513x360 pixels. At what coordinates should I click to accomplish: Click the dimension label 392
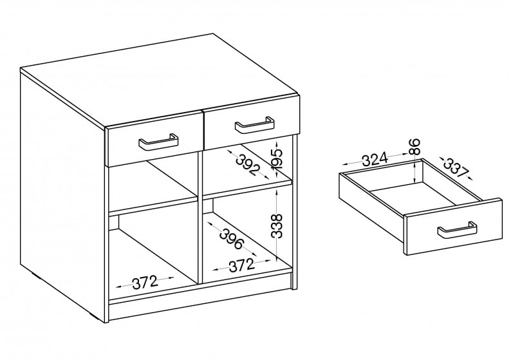pos(247,165)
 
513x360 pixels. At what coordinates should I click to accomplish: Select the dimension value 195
pos(277,158)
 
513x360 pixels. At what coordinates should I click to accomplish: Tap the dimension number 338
pos(277,226)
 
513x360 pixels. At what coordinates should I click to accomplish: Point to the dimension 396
pos(232,238)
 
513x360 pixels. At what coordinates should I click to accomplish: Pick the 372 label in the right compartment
pos(241,265)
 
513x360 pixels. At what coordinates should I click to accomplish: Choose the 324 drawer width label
pos(375,159)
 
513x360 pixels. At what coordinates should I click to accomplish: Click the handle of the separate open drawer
pos(457,231)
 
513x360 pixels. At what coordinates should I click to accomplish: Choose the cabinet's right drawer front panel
pos(251,123)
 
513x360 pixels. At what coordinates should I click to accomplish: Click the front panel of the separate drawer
pos(453,227)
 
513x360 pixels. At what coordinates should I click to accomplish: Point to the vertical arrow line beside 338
pos(277,226)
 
